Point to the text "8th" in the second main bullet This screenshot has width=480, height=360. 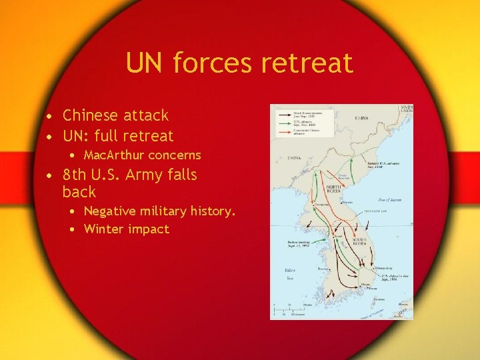(x=75, y=175)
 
